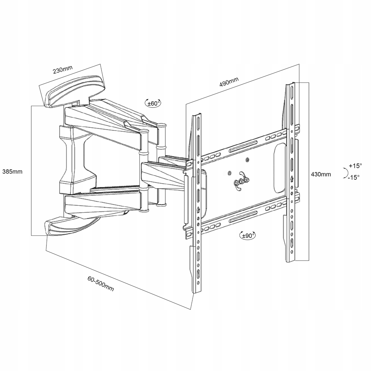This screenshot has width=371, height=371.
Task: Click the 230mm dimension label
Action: tap(63, 70)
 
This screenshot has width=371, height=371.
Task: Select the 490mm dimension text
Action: tap(229, 82)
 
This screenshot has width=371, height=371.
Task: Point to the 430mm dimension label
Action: tap(321, 174)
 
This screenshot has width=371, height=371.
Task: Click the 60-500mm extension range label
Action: tap(100, 283)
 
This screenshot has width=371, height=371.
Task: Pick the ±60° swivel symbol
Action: tap(153, 103)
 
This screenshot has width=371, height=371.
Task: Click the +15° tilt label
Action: tap(355, 166)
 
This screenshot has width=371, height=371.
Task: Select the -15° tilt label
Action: tap(354, 177)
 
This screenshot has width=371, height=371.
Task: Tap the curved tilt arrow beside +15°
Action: tap(345, 172)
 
